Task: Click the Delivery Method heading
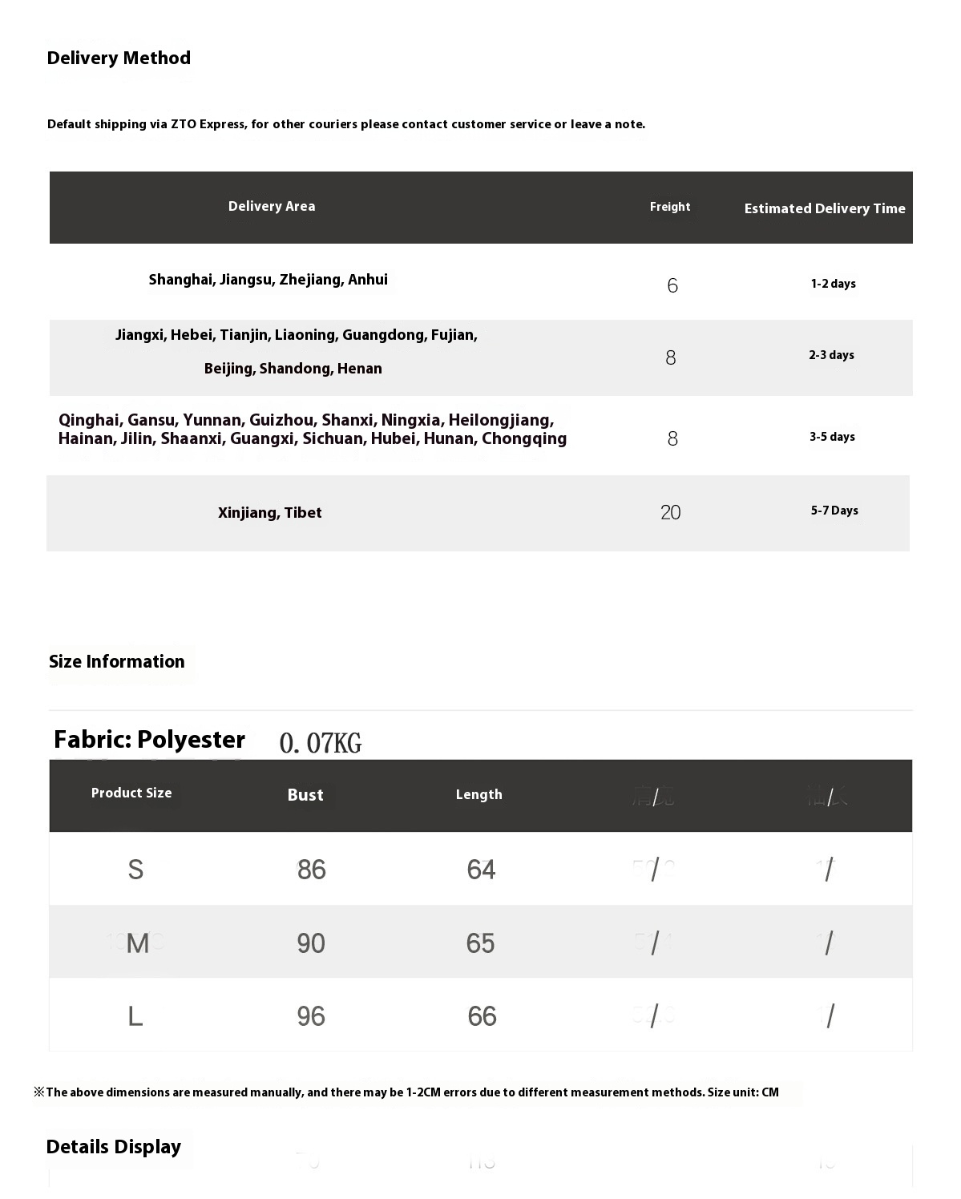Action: [119, 59]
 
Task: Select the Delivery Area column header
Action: [272, 207]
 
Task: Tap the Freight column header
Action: [670, 207]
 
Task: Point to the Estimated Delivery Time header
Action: [825, 208]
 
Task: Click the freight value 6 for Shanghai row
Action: [672, 285]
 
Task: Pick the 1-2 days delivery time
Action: [833, 284]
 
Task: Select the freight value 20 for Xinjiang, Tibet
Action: [671, 512]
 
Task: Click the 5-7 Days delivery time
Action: [834, 511]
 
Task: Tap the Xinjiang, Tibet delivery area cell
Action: [269, 513]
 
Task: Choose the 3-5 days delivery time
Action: [832, 437]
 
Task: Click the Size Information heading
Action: [117, 662]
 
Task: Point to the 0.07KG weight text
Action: [321, 744]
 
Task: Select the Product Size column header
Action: [131, 793]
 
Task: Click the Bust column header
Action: [305, 795]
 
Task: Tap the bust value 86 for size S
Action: [312, 870]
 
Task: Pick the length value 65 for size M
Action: [481, 943]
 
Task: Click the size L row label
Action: [135, 1016]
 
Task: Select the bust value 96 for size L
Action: [311, 1016]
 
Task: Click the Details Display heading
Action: [114, 1147]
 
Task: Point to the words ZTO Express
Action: [207, 124]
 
